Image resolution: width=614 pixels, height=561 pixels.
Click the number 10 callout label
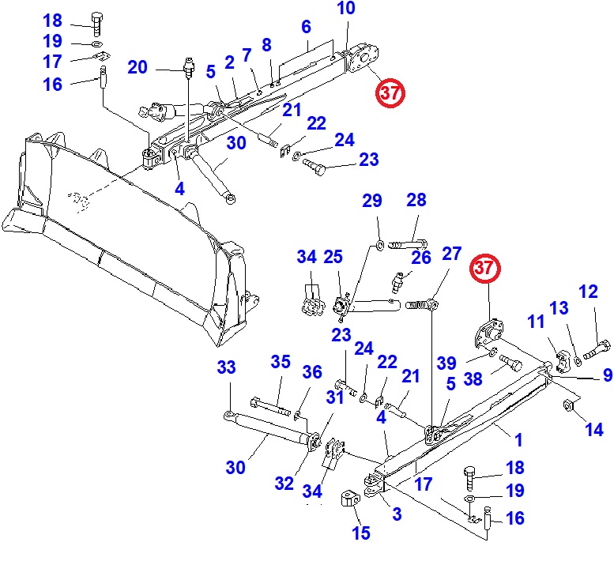point(346,9)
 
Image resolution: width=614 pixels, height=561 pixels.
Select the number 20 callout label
point(137,68)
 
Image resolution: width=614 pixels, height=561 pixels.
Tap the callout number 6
point(306,27)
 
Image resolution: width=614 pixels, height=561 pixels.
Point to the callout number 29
point(372,201)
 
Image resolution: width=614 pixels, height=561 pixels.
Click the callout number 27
point(451,254)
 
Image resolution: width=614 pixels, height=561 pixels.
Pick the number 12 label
point(588,292)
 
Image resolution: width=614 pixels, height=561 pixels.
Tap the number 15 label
point(361,533)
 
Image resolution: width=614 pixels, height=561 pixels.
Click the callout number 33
point(227,367)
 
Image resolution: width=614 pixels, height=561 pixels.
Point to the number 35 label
point(281,362)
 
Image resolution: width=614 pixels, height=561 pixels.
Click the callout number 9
point(608,375)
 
